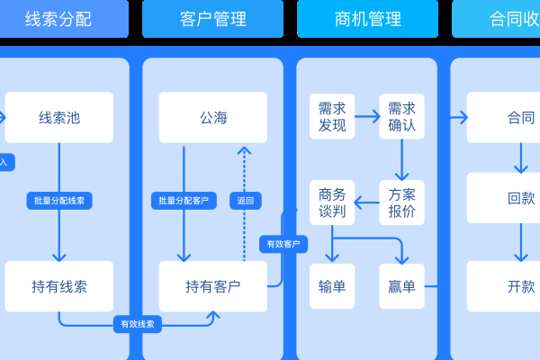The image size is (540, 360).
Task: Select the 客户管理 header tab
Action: click(212, 19)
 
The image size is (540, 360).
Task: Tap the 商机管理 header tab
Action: click(367, 19)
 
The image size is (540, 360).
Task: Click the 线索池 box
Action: click(59, 118)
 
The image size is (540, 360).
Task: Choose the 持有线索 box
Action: click(59, 287)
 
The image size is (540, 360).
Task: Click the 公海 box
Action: click(213, 118)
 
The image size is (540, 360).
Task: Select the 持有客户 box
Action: click(213, 287)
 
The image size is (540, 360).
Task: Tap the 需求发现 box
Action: click(332, 117)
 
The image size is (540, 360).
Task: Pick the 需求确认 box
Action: click(401, 117)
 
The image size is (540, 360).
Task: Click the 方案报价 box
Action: click(401, 203)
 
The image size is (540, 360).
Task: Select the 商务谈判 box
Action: click(332, 203)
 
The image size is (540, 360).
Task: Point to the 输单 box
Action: click(332, 287)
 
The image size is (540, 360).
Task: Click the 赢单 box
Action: click(401, 287)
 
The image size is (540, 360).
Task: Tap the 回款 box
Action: click(520, 199)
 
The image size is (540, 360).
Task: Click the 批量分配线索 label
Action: click(59, 201)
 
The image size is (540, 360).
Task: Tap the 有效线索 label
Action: click(138, 324)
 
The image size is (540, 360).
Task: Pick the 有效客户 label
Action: click(284, 244)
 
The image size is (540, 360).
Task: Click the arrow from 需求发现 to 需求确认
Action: click(367, 117)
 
